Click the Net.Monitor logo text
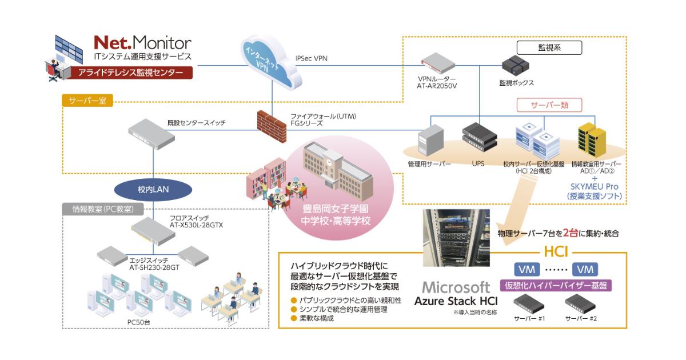tap(142, 43)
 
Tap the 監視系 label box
tap(549, 48)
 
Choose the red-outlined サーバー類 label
tap(549, 105)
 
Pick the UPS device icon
tap(479, 139)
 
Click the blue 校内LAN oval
tap(153, 190)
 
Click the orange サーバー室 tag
tap(87, 101)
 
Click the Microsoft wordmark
tap(456, 287)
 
